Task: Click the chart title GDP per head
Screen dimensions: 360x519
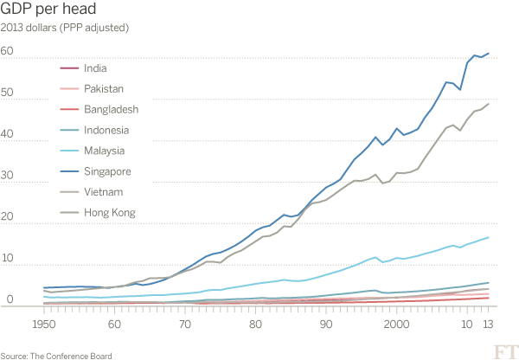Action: pos(49,10)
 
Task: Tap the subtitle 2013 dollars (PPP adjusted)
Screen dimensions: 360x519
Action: pos(65,28)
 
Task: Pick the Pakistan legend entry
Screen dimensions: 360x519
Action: pos(105,88)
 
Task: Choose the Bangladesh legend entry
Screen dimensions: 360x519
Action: pos(112,109)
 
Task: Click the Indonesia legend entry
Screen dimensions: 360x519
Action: pos(108,130)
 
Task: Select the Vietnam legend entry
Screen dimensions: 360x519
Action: pos(105,191)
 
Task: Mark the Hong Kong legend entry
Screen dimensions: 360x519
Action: pos(111,212)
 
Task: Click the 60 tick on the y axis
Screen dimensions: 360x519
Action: pos(7,52)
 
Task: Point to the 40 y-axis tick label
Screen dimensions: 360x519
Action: pos(7,134)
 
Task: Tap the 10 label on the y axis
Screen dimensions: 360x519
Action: pos(7,259)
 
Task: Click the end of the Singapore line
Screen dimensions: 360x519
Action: pos(489,53)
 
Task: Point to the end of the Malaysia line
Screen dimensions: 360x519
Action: pos(489,237)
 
